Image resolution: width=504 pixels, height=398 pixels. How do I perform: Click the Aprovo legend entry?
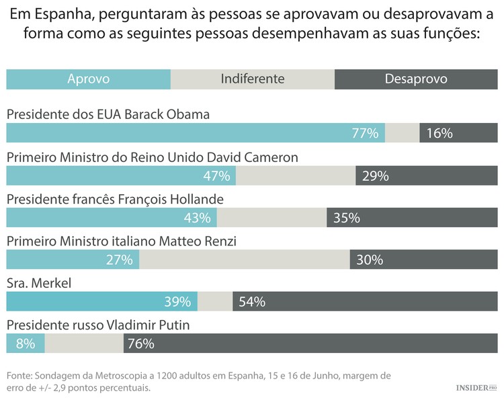(88, 79)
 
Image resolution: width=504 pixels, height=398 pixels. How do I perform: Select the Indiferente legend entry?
(252, 79)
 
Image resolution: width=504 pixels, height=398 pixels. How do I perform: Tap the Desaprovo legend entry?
(415, 79)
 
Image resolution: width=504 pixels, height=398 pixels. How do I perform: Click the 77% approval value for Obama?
(365, 133)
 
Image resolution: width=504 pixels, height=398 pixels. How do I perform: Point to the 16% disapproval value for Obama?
(439, 133)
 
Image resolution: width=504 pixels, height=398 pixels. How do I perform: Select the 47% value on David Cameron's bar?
(216, 175)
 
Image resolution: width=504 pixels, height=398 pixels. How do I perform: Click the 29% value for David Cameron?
(375, 175)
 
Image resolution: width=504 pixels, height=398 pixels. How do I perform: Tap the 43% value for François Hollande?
(197, 218)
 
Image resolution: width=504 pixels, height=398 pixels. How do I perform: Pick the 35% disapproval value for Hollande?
(347, 218)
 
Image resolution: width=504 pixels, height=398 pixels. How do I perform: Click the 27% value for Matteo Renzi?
(120, 260)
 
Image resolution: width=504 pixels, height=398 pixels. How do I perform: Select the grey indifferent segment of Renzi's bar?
(244, 260)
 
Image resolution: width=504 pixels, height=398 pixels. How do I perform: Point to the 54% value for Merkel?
(251, 302)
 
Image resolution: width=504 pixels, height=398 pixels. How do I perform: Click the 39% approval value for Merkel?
(178, 302)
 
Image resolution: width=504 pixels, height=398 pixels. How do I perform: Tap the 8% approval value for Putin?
(25, 344)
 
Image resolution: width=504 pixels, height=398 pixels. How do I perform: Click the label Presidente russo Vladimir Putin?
(98, 325)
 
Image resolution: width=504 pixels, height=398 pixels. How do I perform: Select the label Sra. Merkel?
(38, 283)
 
